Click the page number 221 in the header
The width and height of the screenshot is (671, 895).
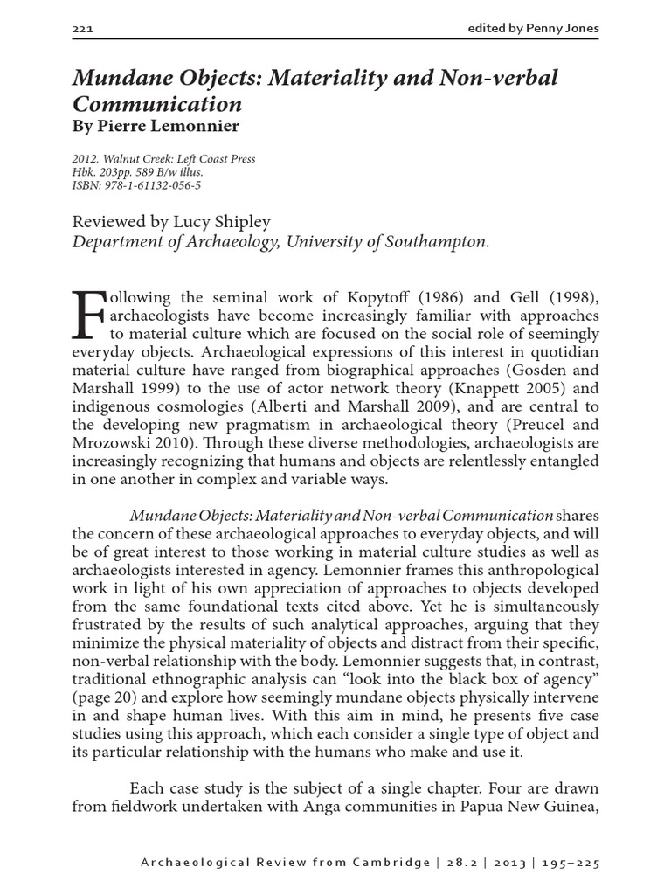(x=82, y=30)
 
